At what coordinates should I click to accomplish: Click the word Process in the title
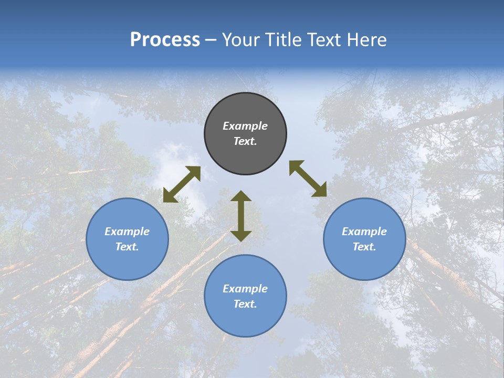pos(165,40)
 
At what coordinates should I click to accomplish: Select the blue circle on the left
pos(127,262)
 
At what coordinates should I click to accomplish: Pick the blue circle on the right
pos(364,262)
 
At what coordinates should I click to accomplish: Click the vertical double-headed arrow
pos(241,216)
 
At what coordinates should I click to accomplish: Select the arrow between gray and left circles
pos(182,184)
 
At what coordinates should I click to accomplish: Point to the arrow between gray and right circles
pos(308,179)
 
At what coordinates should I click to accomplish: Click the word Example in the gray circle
pos(245,126)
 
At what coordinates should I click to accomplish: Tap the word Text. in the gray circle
pos(245,141)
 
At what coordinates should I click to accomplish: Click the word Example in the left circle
pos(127,232)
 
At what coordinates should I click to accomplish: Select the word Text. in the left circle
pos(127,247)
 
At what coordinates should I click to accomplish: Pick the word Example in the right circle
pos(364,232)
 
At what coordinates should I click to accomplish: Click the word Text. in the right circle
pos(364,247)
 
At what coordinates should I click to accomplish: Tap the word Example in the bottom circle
pos(245,289)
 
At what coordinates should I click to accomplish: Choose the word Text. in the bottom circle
pos(245,304)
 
